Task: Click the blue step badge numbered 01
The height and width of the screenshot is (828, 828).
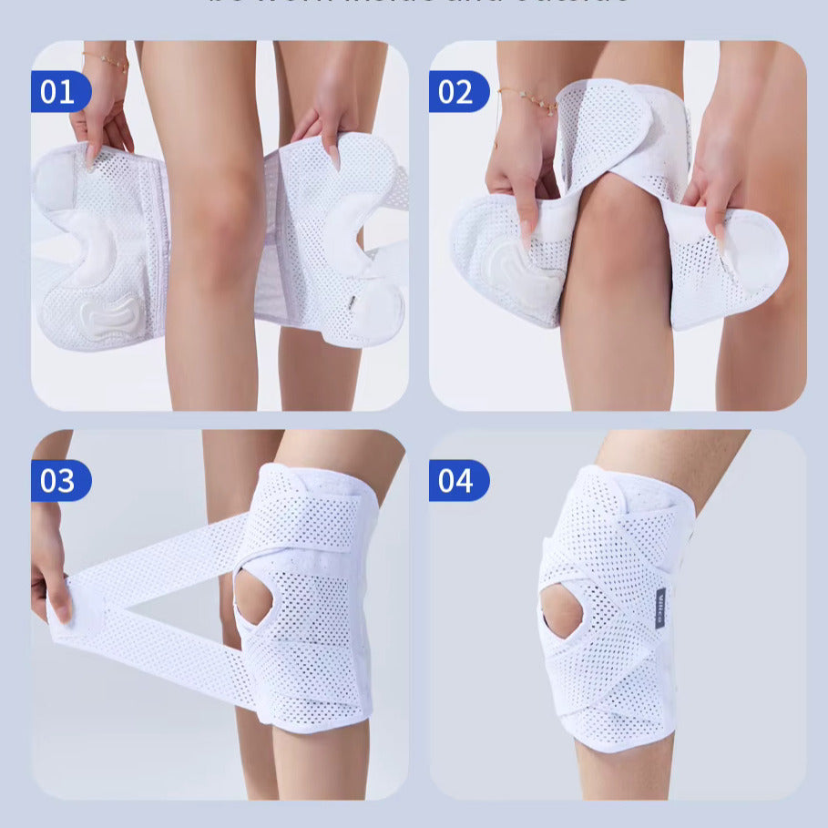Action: pos(58,92)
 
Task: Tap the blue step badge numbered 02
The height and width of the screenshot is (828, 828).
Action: pos(457,92)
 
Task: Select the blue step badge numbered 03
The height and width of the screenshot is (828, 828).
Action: pos(58,481)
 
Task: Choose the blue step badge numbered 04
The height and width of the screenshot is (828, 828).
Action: pos(457,481)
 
